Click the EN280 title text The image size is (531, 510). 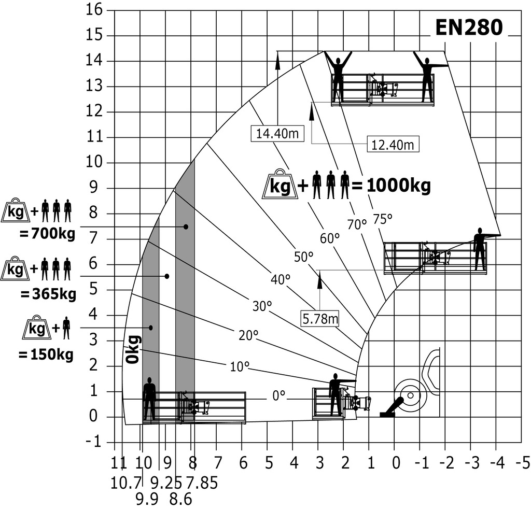[x=468, y=29]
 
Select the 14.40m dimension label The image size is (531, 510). [x=277, y=134]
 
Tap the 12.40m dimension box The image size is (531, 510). [x=393, y=145]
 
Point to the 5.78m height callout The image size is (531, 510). [x=319, y=318]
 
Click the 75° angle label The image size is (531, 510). [x=383, y=219]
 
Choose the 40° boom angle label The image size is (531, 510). [x=280, y=280]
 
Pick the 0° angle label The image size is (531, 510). [x=279, y=395]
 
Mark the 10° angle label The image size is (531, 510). [x=239, y=367]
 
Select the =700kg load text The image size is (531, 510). [x=47, y=234]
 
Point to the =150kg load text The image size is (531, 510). [x=46, y=355]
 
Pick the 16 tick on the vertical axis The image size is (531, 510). [x=94, y=10]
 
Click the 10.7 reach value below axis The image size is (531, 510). [x=126, y=483]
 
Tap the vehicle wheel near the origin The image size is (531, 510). [x=410, y=396]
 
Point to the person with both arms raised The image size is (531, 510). [x=338, y=75]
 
